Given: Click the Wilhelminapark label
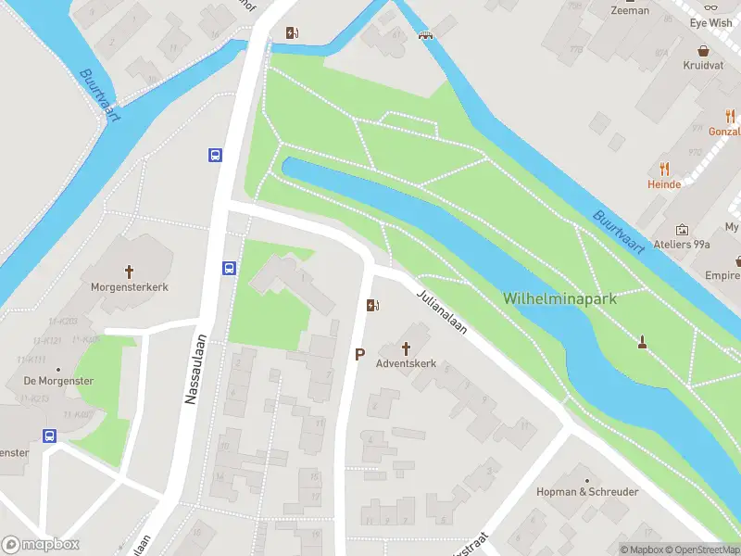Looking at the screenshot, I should pyautogui.click(x=559, y=298).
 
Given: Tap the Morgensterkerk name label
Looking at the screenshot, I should pyautogui.click(x=130, y=287).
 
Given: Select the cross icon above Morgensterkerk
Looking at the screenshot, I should pyautogui.click(x=129, y=272).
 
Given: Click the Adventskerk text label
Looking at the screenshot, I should pyautogui.click(x=406, y=363).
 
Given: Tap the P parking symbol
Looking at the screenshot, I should pyautogui.click(x=360, y=354).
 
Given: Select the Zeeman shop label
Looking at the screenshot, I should pyautogui.click(x=630, y=11).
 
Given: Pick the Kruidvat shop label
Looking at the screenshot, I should pyautogui.click(x=703, y=67).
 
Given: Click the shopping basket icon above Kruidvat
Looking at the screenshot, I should pyautogui.click(x=703, y=51).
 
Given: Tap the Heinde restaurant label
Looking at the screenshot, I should pyautogui.click(x=664, y=184).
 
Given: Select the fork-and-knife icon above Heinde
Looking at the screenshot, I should pyautogui.click(x=664, y=169).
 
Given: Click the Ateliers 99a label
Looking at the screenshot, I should pyautogui.click(x=683, y=245).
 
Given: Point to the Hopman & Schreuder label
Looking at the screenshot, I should pyautogui.click(x=587, y=491).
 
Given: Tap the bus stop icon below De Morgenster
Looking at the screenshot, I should pyautogui.click(x=49, y=436).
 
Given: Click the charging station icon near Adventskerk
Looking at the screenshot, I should pyautogui.click(x=372, y=305).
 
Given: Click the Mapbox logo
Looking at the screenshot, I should pyautogui.click(x=41, y=545).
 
